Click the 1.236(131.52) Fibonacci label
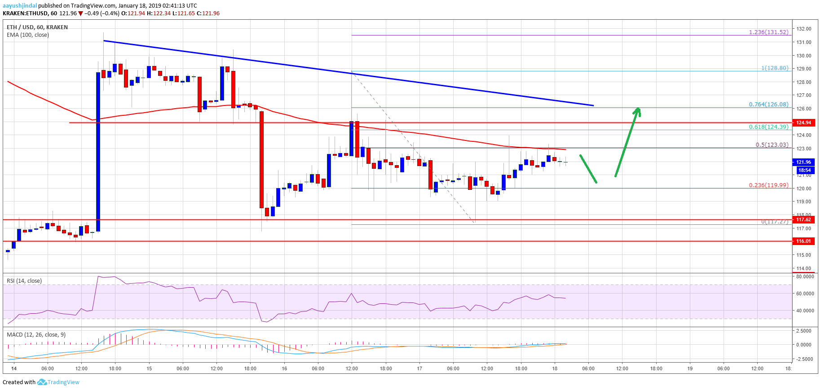768,32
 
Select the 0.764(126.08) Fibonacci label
768,105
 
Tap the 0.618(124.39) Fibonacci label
768,127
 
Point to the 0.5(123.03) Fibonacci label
772,145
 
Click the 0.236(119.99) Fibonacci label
768,185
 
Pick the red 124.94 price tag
803,123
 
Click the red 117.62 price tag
803,219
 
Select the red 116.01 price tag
803,241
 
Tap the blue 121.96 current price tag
803,162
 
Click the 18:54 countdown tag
804,170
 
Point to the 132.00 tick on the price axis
803,29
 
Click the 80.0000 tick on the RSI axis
805,276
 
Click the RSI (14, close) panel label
24,281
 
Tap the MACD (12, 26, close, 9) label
36,335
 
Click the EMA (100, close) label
28,35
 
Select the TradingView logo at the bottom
58,382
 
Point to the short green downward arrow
588,169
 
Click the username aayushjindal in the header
20,6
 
